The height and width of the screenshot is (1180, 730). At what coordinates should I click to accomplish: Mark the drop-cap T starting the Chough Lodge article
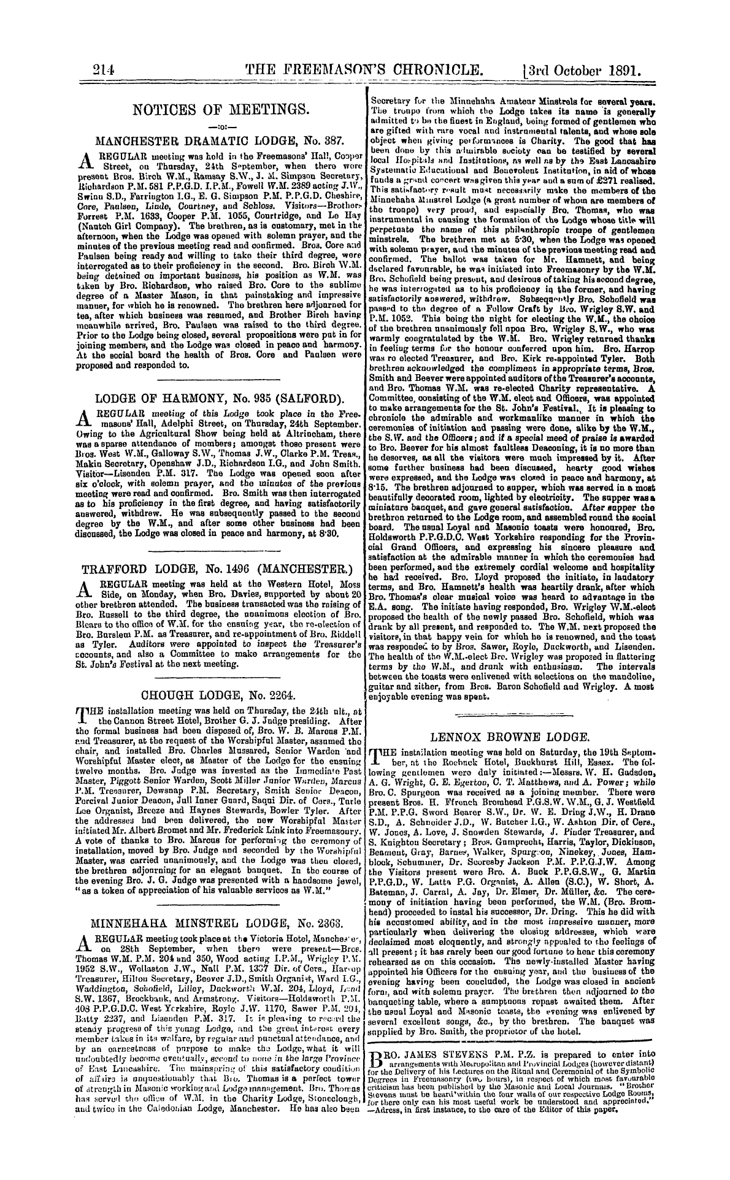pos(85,715)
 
